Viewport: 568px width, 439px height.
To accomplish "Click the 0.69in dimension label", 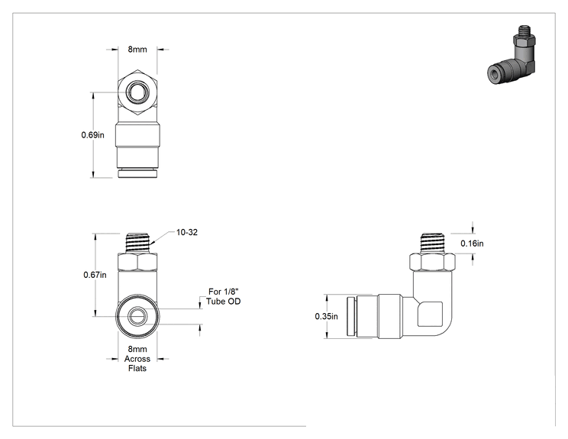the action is point(92,135).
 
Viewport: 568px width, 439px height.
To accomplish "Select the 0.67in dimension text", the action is point(95,275).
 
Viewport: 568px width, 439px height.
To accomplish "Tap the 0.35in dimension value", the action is point(327,316).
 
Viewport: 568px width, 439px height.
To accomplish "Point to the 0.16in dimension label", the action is point(472,244).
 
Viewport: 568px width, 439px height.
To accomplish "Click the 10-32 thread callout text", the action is point(187,232).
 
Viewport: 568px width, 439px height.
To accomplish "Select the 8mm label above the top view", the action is point(137,50).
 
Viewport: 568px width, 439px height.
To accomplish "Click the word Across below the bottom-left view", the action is point(137,359).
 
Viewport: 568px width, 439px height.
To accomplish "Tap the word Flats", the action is point(137,368).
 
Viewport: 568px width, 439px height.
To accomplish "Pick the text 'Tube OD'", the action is point(224,302).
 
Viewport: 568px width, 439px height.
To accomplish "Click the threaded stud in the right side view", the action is point(432,244).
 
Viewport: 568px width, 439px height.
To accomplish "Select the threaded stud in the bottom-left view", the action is point(137,244).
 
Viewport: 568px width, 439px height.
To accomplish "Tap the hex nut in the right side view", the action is point(432,262).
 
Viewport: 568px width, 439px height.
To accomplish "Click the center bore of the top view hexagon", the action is point(137,92).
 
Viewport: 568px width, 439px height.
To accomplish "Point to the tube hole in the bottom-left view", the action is point(137,316).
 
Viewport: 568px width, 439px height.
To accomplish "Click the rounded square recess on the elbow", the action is point(430,314).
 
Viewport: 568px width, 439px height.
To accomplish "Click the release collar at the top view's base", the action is point(137,173).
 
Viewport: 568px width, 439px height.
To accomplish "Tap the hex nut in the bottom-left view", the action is point(137,262).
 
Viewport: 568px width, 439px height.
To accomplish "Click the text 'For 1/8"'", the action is point(224,292).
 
